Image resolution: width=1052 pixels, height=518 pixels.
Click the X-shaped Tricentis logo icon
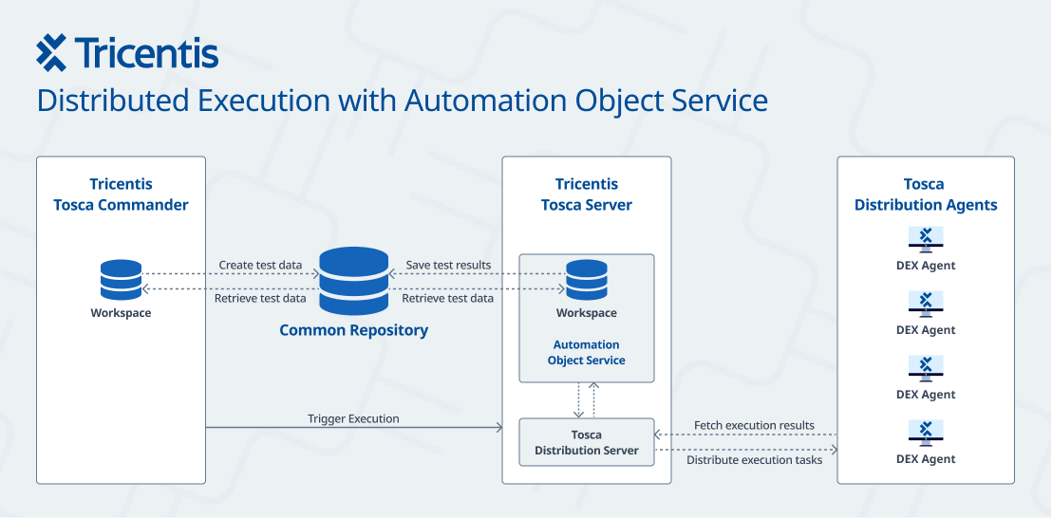(51, 53)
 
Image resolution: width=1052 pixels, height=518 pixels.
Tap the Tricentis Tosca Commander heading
(121, 194)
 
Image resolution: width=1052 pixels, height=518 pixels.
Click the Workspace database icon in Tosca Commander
(121, 281)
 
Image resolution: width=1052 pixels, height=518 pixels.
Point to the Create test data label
(262, 266)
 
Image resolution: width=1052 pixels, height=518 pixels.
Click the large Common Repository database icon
(353, 281)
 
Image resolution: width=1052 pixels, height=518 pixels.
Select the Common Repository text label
(353, 331)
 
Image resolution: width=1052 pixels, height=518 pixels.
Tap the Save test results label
(448, 266)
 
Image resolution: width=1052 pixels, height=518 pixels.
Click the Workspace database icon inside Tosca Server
(586, 281)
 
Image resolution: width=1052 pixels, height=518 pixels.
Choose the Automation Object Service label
(586, 353)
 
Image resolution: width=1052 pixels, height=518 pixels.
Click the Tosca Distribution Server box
(586, 442)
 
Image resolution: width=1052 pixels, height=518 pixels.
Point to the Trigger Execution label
(353, 418)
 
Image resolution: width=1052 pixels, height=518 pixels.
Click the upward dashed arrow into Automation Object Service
(594, 399)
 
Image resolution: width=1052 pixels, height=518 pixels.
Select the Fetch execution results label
(754, 425)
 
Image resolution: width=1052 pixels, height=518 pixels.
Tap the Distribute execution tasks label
(754, 460)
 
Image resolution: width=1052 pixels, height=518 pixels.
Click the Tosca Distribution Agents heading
(925, 194)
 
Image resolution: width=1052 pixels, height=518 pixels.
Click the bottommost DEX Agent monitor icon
(925, 433)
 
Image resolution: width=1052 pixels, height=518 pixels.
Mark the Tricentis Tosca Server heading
(586, 194)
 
